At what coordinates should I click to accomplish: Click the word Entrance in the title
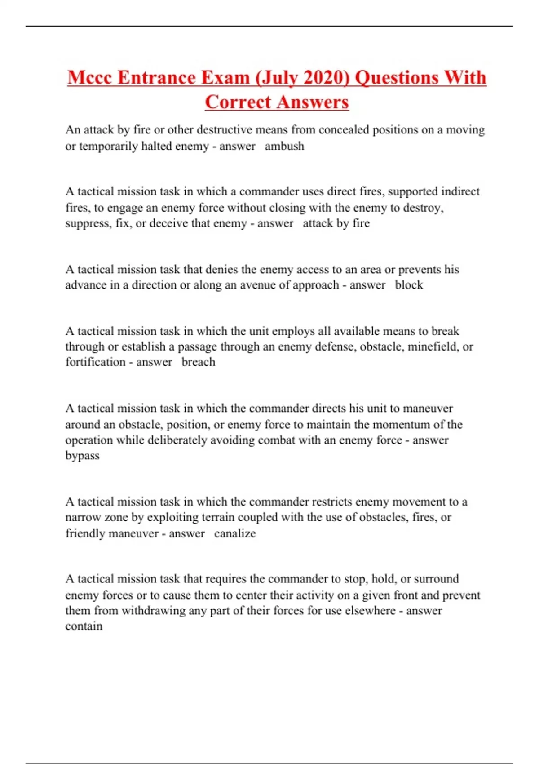pos(157,77)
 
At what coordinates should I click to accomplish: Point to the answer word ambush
pos(284,146)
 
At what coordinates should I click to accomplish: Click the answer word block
pos(409,285)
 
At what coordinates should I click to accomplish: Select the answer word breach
pos(198,362)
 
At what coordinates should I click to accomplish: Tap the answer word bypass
pos(82,456)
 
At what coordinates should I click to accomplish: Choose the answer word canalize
pos(235,533)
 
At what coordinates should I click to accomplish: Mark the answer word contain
pos(84,626)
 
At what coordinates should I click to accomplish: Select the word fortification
pos(95,362)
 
